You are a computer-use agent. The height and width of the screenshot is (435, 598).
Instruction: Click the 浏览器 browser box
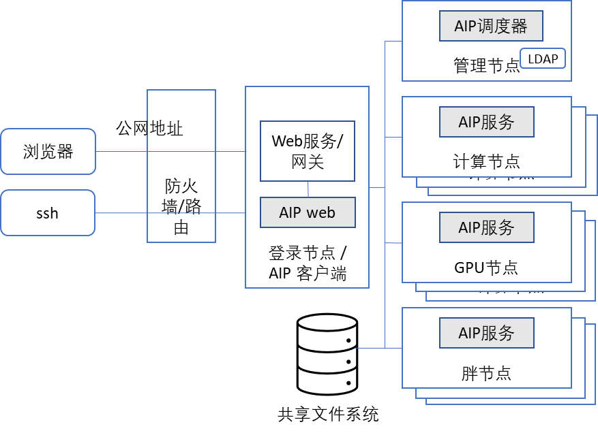pos(48,151)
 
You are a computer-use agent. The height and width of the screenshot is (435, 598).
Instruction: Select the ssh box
pos(48,213)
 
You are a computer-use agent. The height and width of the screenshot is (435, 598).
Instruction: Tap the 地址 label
pos(166,128)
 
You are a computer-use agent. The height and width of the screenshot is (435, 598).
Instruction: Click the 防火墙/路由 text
pos(181,206)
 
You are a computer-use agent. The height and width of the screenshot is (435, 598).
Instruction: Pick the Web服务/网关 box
pos(308,151)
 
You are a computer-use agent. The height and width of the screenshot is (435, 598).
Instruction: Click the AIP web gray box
pos(308,212)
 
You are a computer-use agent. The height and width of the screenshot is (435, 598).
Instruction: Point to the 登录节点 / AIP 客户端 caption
pos(308,263)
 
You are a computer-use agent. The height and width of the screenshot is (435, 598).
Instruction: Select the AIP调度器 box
pos(491,27)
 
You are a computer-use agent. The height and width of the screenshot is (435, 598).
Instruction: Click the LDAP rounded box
pos(543,59)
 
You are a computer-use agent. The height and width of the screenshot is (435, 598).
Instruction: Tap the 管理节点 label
pos(486,65)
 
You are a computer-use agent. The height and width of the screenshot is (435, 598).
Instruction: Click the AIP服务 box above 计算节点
pos(486,122)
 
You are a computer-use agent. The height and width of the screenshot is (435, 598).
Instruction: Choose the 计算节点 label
pos(486,161)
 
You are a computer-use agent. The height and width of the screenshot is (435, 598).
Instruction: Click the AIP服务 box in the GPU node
pos(486,227)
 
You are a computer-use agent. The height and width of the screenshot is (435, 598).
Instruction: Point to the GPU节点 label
pos(486,267)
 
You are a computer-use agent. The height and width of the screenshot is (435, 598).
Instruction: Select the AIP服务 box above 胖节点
pos(486,333)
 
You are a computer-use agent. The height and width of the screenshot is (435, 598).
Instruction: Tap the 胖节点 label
pos(486,373)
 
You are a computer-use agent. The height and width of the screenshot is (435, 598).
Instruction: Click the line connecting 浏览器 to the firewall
pos(121,151)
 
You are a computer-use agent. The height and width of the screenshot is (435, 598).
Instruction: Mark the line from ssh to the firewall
pos(121,213)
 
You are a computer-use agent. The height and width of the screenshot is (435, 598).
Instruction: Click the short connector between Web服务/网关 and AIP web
pos(308,189)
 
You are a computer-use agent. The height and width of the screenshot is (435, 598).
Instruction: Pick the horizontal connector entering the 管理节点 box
pos(393,41)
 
